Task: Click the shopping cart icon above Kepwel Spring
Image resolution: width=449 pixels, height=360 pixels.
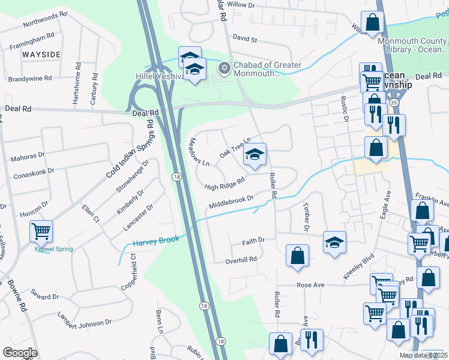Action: click(x=41, y=230)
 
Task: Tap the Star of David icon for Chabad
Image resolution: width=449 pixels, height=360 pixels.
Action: click(x=224, y=67)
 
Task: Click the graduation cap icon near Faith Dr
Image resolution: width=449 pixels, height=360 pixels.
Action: click(x=335, y=242)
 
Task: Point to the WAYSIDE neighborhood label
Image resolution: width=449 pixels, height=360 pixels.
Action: click(x=42, y=55)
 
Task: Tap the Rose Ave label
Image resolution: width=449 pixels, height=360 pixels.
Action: click(x=310, y=284)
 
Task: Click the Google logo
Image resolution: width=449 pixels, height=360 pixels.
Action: click(x=20, y=352)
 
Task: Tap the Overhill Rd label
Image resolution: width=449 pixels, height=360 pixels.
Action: click(x=241, y=260)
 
